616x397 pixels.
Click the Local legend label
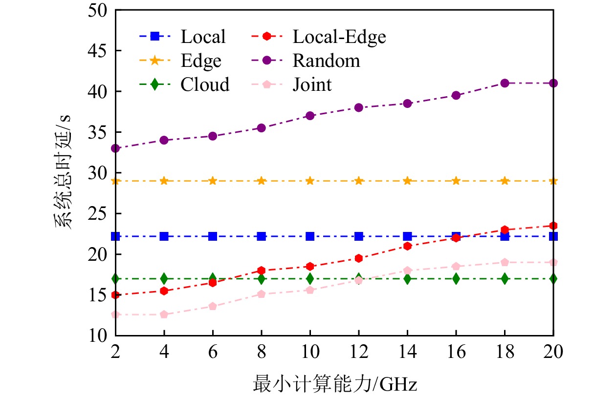(x=203, y=37)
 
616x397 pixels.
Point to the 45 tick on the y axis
(x=99, y=51)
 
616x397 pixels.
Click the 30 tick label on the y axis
(x=99, y=173)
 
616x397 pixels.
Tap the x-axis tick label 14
(x=407, y=352)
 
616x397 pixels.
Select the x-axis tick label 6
(x=213, y=352)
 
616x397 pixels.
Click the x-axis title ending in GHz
(x=335, y=384)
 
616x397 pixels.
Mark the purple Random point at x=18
(x=505, y=83)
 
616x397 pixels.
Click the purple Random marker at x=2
(x=115, y=148)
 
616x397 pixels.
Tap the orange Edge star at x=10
(x=310, y=181)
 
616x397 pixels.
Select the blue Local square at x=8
(x=261, y=236)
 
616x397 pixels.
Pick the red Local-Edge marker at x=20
(x=553, y=226)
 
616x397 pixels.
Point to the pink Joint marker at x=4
(x=164, y=314)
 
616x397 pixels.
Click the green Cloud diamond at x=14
(x=407, y=279)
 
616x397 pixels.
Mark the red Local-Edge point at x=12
(x=358, y=258)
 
